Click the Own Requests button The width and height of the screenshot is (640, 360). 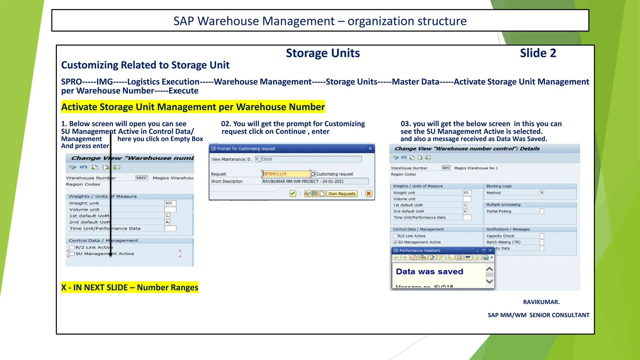click(x=342, y=194)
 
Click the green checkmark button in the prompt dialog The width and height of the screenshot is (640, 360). click(x=293, y=194)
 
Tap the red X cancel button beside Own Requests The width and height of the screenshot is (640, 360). click(x=369, y=194)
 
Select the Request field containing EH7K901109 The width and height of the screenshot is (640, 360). click(x=286, y=174)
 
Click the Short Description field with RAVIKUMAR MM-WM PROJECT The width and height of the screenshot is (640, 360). click(x=315, y=181)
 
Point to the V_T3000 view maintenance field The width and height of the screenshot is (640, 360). click(x=308, y=159)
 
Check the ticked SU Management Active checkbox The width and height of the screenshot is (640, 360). click(x=395, y=242)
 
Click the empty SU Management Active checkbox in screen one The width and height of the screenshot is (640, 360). click(x=72, y=254)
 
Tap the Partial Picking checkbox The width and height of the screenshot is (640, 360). click(x=542, y=211)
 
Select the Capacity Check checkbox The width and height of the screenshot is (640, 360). click(x=542, y=236)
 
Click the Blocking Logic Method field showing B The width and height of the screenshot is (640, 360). click(x=542, y=193)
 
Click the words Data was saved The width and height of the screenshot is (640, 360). click(x=429, y=272)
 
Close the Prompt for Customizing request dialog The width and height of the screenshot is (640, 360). click(x=370, y=148)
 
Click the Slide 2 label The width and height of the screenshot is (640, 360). click(x=538, y=53)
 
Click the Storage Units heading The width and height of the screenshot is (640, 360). click(x=323, y=53)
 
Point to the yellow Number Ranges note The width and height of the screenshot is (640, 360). click(x=130, y=287)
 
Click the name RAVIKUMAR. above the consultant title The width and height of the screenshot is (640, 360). click(x=541, y=302)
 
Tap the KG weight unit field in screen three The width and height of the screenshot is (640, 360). click(x=467, y=193)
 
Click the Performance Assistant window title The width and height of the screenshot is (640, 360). click(x=419, y=251)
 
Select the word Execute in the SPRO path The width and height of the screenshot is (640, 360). click(x=183, y=91)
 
